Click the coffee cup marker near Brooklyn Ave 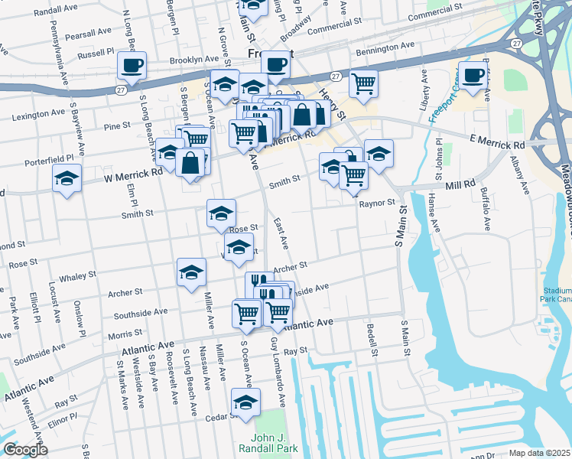pyautogui.click(x=132, y=65)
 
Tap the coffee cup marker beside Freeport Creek pyautogui.click(x=473, y=75)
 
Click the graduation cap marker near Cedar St pyautogui.click(x=245, y=402)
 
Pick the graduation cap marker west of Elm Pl pyautogui.click(x=67, y=179)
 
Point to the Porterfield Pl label pyautogui.click(x=47, y=158)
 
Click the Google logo pyautogui.click(x=25, y=451)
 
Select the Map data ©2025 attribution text pyautogui.click(x=538, y=453)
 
